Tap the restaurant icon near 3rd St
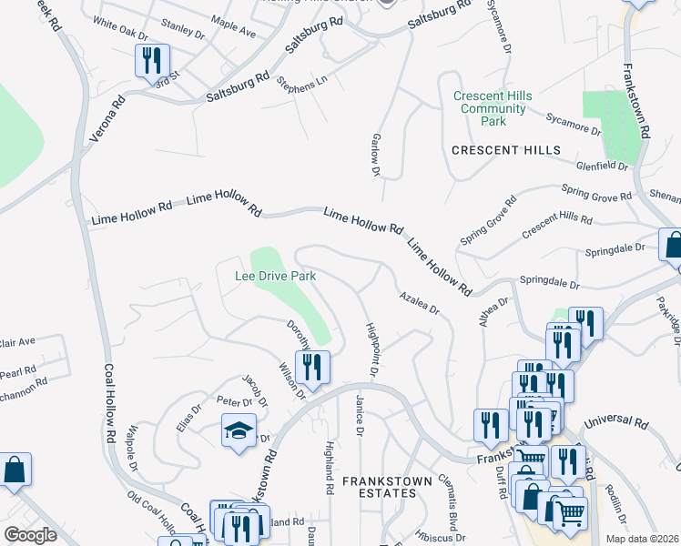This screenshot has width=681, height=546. (x=151, y=62)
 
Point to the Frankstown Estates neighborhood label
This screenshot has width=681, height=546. (x=380, y=486)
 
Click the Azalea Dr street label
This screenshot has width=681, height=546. (x=419, y=303)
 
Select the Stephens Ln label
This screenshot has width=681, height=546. (x=301, y=84)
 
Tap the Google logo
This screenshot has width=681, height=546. (x=30, y=535)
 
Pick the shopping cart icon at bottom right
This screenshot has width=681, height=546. (x=571, y=512)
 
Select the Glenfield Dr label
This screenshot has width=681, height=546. (x=603, y=167)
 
